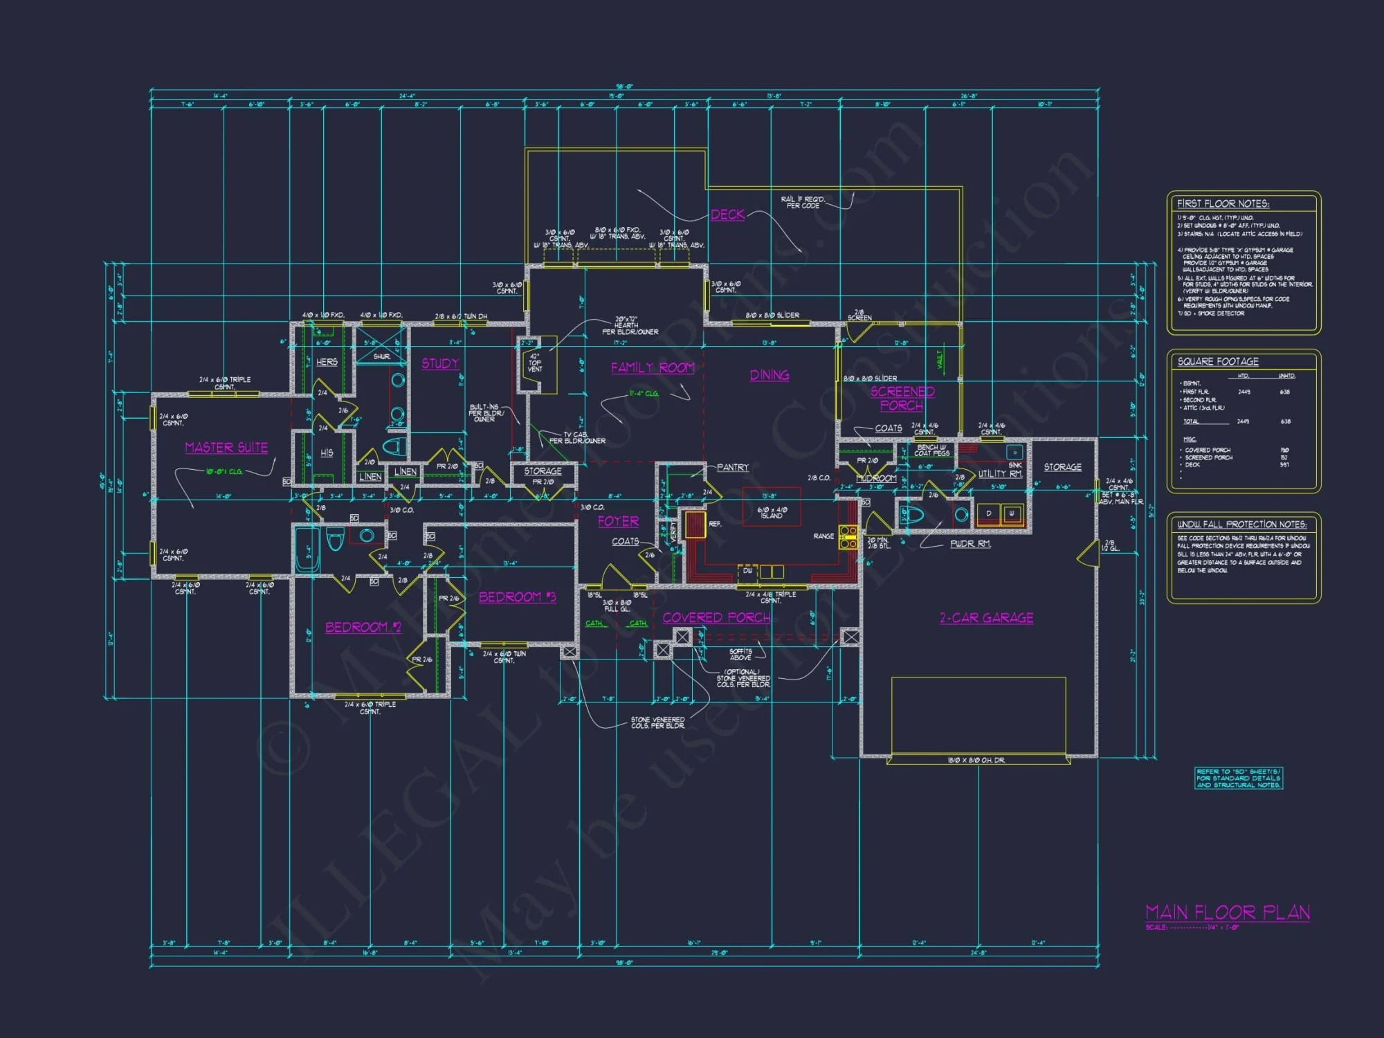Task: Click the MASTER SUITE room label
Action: pos(226,448)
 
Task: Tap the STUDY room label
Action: pos(440,364)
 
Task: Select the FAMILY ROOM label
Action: pos(653,368)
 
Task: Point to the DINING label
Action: pos(770,375)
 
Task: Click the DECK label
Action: pos(728,215)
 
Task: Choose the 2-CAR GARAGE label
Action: pos(986,618)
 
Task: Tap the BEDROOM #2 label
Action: pos(363,628)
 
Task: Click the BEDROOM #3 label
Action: pos(517,597)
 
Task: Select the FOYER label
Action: pos(618,521)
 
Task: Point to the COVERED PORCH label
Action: pos(716,618)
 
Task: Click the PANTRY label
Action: pos(732,468)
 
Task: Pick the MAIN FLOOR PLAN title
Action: pos(1227,913)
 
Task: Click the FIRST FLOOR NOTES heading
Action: pos(1223,203)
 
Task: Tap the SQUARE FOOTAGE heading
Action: pos(1218,362)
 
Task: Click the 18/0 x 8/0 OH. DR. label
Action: pos(976,760)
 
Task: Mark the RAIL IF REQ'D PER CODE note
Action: pos(803,202)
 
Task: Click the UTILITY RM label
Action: pos(1000,474)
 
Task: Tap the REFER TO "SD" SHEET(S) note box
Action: pos(1239,778)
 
